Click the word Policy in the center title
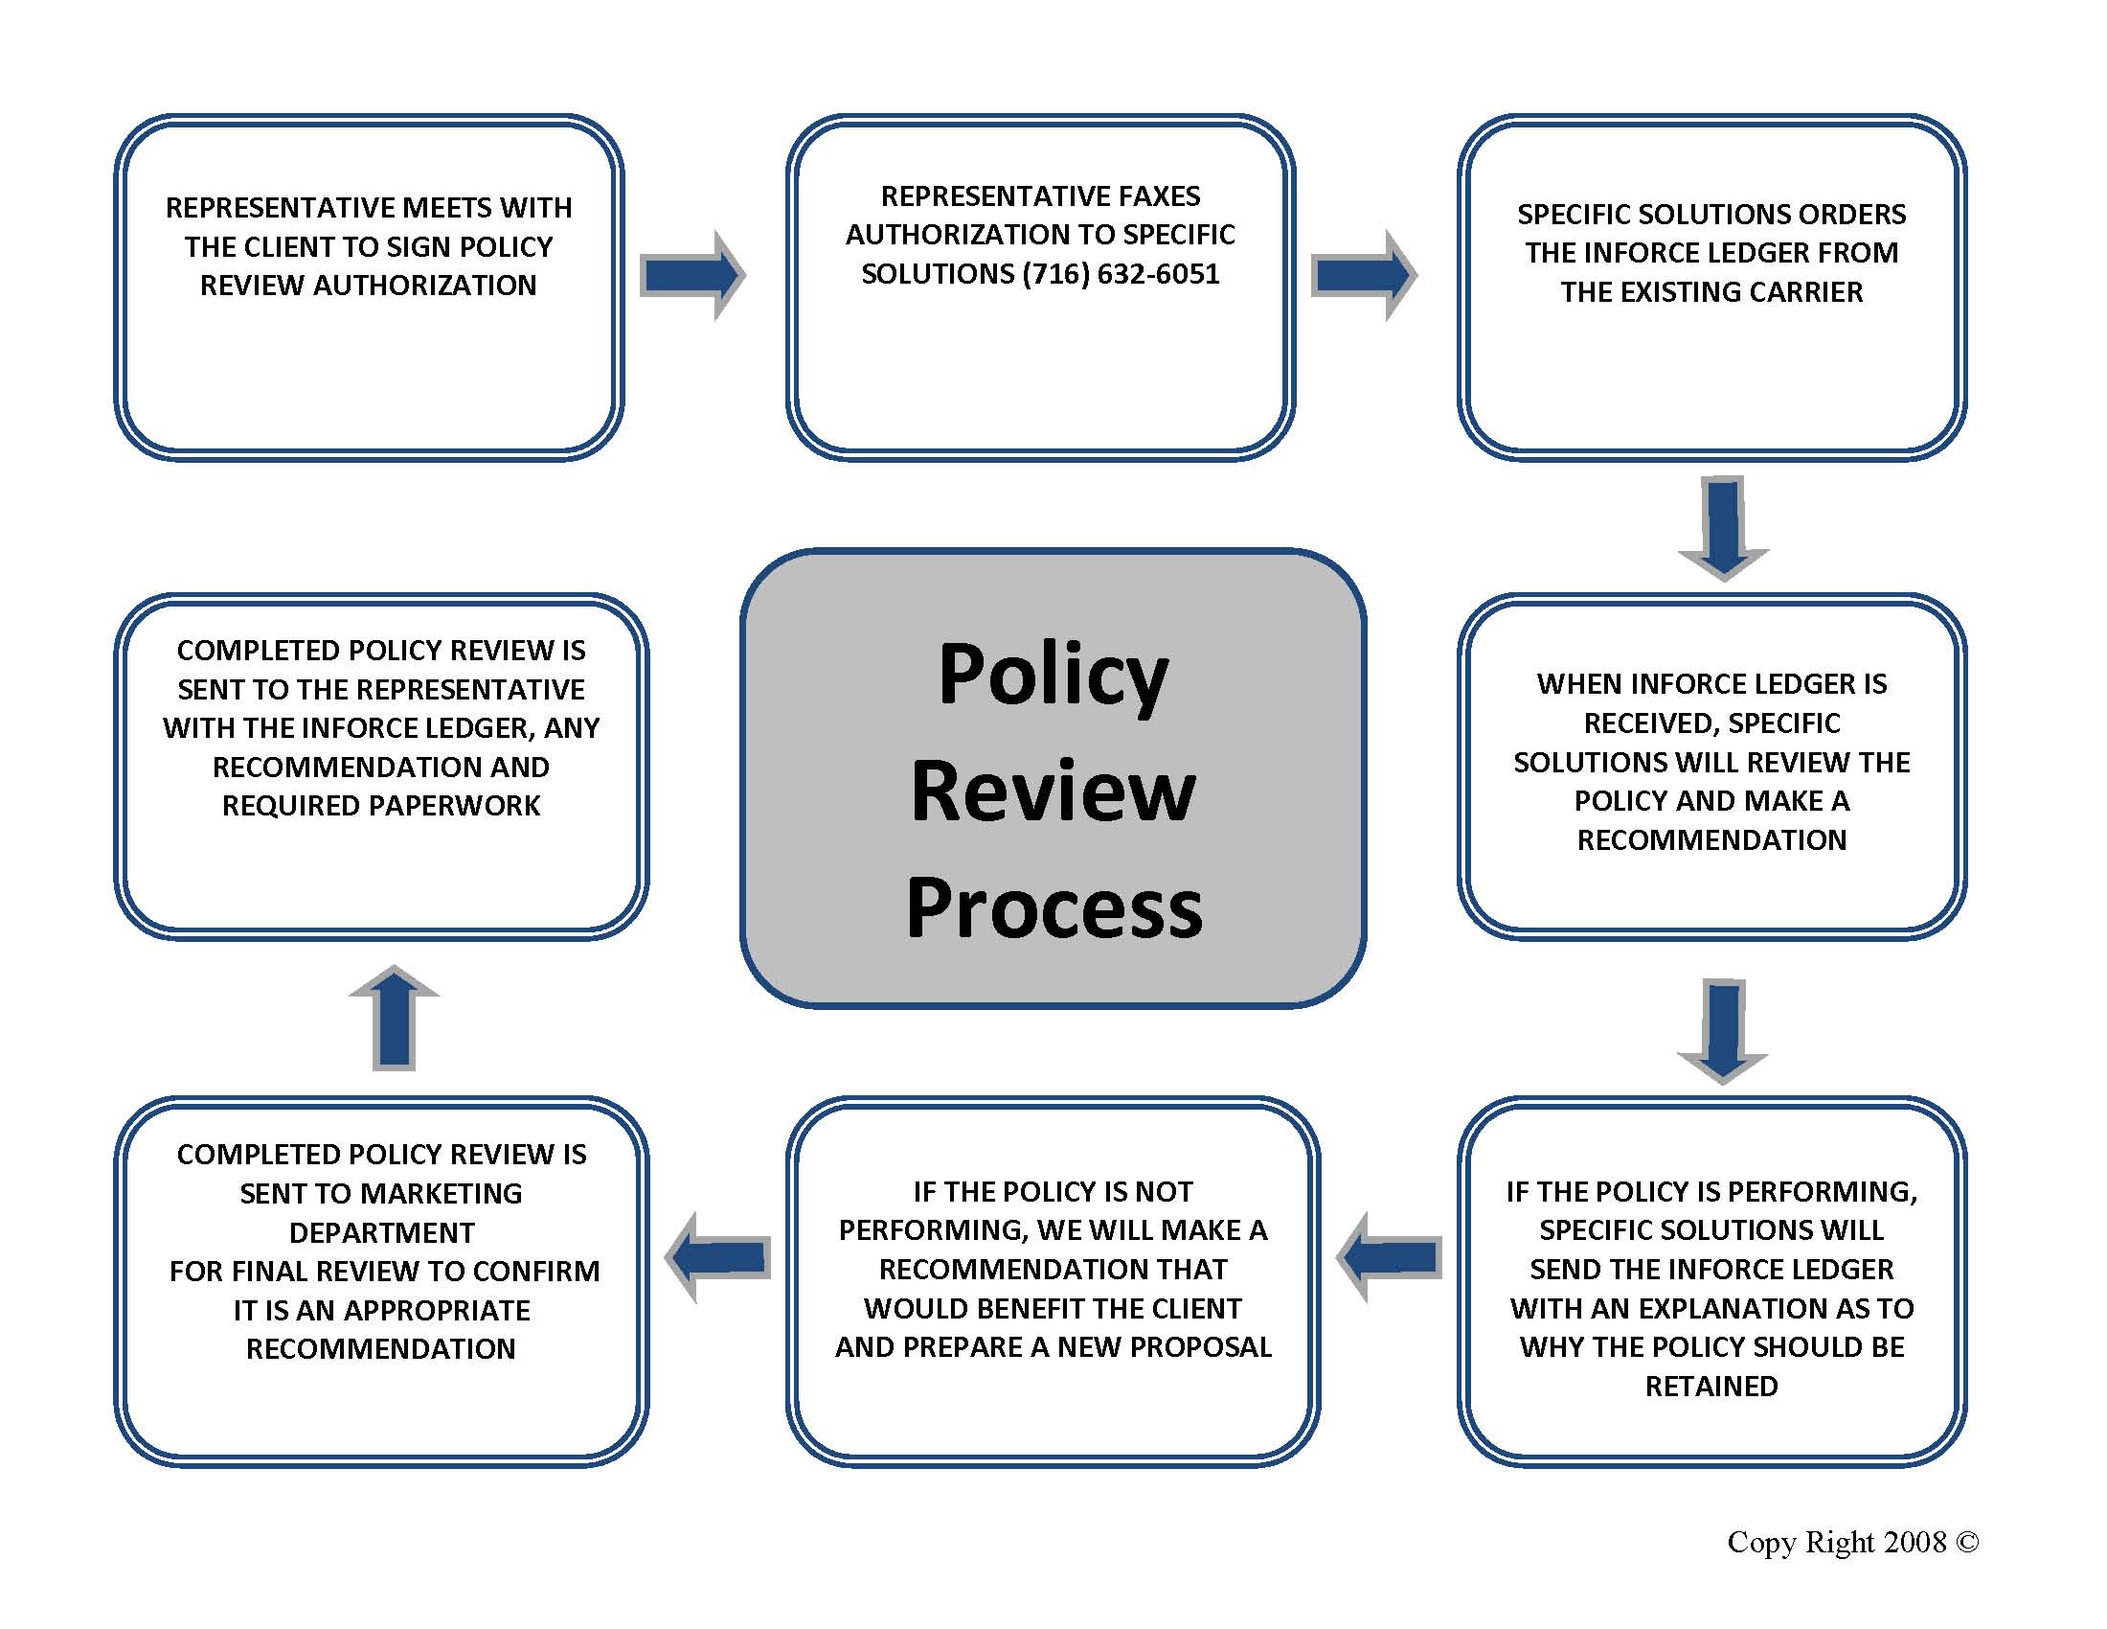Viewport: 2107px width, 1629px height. (1053, 677)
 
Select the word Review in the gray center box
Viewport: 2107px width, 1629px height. (1053, 791)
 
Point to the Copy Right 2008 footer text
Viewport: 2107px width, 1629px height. (1852, 1542)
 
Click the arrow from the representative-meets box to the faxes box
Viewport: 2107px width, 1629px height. (692, 275)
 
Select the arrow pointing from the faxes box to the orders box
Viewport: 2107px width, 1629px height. (1364, 275)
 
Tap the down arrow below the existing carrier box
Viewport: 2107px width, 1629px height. (1724, 528)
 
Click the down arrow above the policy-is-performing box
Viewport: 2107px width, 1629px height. (1723, 1032)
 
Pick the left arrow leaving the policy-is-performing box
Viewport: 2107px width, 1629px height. (1390, 1257)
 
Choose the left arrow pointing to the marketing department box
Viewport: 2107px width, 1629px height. (717, 1257)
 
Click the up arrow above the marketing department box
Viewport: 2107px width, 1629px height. (394, 1017)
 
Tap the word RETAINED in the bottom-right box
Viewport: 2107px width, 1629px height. (1711, 1387)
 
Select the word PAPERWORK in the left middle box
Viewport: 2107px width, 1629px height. (451, 806)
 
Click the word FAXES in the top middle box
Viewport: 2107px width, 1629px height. (1148, 196)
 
